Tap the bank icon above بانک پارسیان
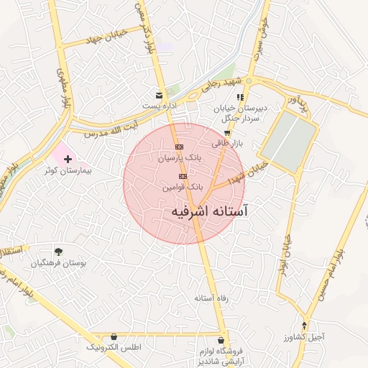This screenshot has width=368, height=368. click(x=178, y=147)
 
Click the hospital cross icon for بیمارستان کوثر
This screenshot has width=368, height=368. click(x=68, y=157)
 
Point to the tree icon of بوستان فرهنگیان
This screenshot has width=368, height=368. click(x=58, y=252)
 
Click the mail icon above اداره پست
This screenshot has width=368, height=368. click(x=159, y=95)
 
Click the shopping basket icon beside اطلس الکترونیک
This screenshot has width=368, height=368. click(x=114, y=336)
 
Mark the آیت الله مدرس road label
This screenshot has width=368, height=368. click(x=109, y=129)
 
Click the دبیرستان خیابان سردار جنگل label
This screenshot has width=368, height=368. click(x=240, y=113)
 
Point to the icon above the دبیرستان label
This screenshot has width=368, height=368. click(x=241, y=96)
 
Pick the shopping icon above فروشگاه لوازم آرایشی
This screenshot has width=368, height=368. click(x=221, y=341)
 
